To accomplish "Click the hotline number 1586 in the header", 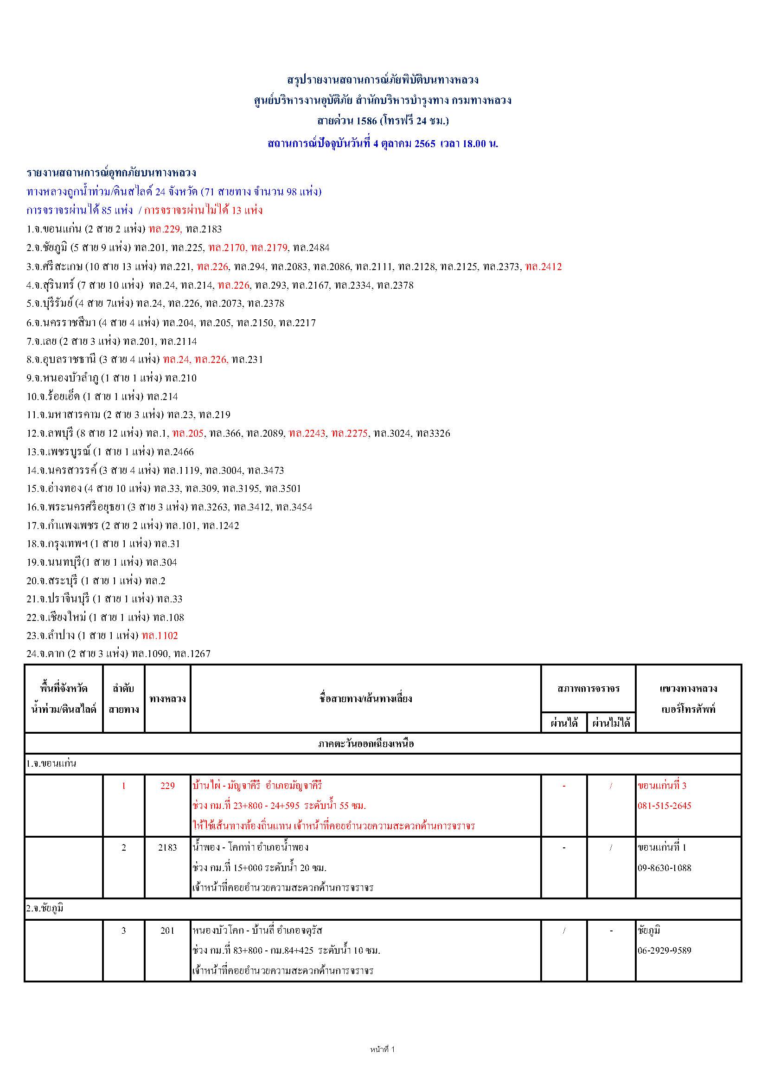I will tap(366, 121).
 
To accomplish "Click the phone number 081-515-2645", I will tap(664, 806).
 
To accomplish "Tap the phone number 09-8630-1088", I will tap(664, 868).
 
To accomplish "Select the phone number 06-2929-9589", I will tap(664, 950).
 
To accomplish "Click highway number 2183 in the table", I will tap(167, 848).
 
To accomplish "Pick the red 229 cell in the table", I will tap(167, 786).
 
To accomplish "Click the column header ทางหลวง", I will tap(167, 699).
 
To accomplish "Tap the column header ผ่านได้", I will tap(564, 723).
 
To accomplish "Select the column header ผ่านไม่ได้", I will tap(611, 723).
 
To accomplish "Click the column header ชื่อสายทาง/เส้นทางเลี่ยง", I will tap(365, 699).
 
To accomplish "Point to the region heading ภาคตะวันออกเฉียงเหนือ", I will tap(365, 744).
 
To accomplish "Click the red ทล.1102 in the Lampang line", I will tap(160, 636).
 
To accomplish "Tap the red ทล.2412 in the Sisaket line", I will tap(543, 266).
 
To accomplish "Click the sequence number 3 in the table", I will tap(124, 930).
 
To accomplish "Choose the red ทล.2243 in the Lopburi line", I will tap(307, 433).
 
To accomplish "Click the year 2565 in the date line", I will tap(425, 144).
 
